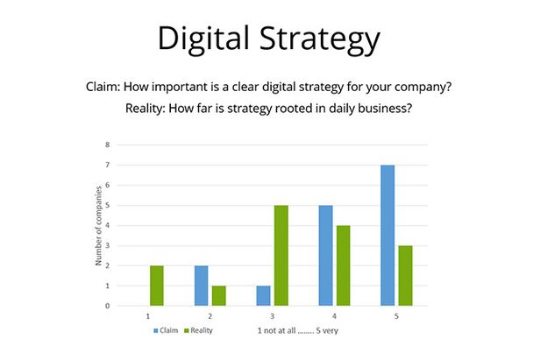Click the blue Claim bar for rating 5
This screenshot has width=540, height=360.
[x=387, y=236]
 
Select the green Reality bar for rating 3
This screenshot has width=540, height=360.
[x=281, y=256]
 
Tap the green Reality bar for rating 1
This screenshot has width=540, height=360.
[x=157, y=286]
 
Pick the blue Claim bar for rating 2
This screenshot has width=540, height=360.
[x=201, y=286]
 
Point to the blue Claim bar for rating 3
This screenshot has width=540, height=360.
[x=264, y=296]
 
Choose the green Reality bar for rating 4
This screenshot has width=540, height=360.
[x=344, y=265]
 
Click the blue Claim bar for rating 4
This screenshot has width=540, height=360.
[x=326, y=256]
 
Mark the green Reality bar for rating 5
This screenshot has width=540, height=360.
[x=405, y=276]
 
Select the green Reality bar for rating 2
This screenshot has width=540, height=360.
[x=218, y=296]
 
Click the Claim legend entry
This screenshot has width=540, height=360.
[x=166, y=330]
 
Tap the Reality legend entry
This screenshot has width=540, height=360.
[x=199, y=330]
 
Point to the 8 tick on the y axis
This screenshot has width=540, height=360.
[x=108, y=145]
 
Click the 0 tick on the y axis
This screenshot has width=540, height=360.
[x=108, y=306]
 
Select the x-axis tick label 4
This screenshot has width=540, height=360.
[x=334, y=316]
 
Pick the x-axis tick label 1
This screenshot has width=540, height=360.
[x=148, y=316]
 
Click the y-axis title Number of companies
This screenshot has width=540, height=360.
[x=98, y=226]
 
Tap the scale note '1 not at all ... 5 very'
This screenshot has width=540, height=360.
[x=298, y=331]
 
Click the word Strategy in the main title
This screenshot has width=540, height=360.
[x=320, y=39]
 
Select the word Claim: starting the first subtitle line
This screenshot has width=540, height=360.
[x=103, y=87]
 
